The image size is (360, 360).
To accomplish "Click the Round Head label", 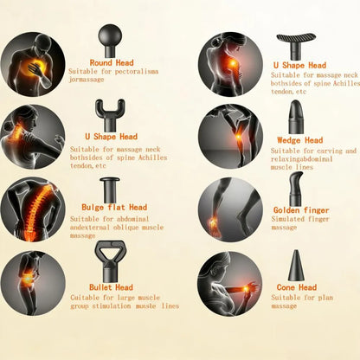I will tap(112, 63).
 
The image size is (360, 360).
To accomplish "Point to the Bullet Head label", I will tap(111, 287).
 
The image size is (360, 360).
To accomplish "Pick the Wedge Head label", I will tap(300, 140).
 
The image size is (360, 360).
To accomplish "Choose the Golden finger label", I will tap(299, 209).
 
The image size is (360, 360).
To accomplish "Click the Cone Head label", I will tap(297, 287).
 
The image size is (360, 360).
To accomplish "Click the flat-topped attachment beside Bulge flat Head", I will tap(110, 189).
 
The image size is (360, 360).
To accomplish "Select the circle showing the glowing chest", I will tap(33, 64).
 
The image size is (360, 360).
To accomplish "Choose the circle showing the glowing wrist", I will tap(230, 283).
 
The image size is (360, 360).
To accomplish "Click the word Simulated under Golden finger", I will tap(286, 220).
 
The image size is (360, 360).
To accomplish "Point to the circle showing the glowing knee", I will tap(230, 137).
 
